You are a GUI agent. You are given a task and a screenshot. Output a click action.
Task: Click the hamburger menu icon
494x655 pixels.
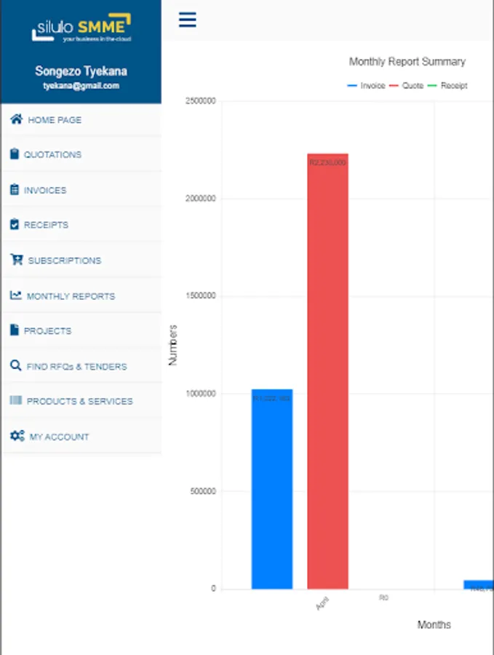(188, 20)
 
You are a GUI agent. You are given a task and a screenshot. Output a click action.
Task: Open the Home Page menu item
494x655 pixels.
(55, 120)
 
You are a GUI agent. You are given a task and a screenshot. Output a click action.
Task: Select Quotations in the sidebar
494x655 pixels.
(52, 155)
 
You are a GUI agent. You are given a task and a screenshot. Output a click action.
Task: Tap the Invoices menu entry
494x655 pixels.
(45, 191)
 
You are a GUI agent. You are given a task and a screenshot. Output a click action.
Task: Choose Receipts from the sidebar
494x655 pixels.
(46, 226)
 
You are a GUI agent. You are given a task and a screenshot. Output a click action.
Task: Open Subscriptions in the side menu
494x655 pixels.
(64, 261)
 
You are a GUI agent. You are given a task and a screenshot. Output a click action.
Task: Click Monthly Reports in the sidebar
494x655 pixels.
(71, 296)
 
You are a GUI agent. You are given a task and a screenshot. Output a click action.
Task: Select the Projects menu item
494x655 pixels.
(47, 331)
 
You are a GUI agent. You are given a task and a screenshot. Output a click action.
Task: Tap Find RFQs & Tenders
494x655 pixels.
(76, 367)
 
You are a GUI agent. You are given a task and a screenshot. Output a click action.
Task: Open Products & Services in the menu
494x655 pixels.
(79, 402)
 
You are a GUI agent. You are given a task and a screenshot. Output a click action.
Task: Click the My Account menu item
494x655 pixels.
(59, 437)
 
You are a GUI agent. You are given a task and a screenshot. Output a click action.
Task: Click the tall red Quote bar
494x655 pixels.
(327, 371)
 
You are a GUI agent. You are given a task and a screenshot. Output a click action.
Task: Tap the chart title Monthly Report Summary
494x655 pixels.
(407, 62)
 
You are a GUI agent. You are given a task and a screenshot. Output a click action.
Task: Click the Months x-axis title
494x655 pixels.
(434, 625)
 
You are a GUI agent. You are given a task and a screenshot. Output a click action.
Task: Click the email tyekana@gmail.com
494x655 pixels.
(81, 86)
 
